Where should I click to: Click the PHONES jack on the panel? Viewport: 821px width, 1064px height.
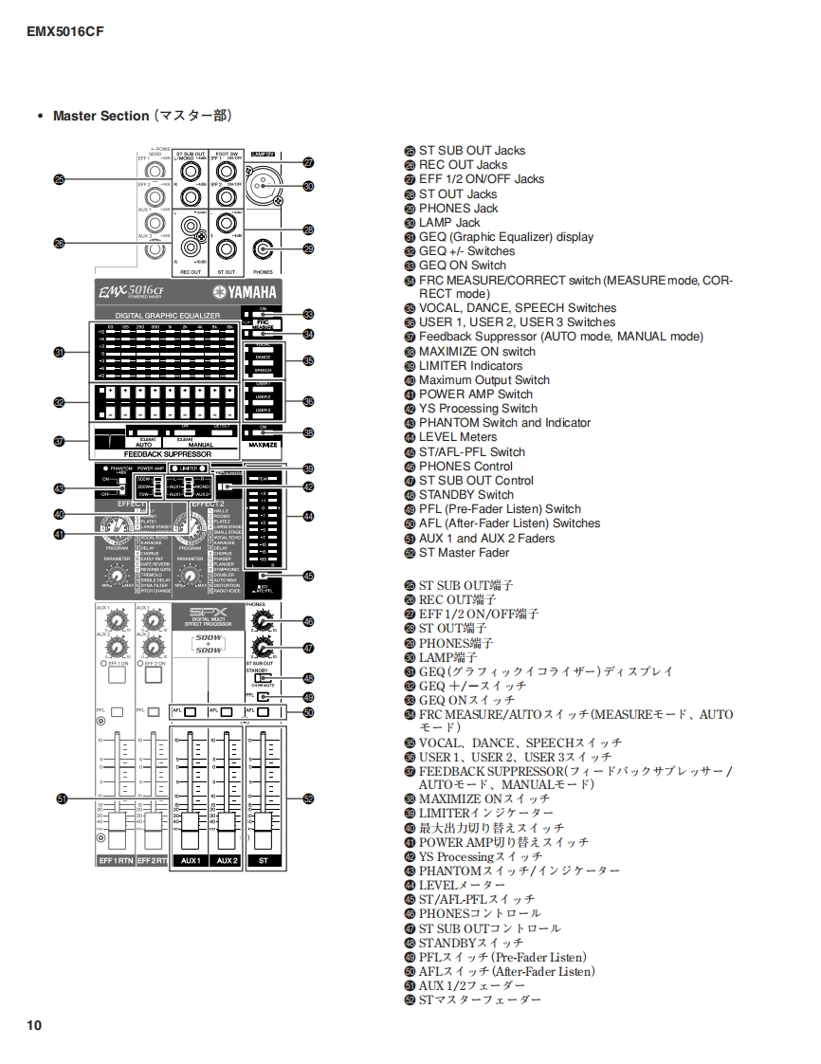[263, 250]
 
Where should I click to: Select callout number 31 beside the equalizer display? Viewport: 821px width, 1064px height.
[59, 352]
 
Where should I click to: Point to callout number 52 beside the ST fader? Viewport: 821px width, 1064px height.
[308, 799]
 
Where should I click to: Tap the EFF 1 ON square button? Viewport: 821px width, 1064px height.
[117, 676]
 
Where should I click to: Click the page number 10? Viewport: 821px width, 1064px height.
[34, 1025]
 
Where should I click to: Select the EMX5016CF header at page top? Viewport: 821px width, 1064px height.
[64, 31]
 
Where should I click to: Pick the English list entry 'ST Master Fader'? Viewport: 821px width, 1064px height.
[464, 553]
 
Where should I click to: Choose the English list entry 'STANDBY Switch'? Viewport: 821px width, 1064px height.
[465, 495]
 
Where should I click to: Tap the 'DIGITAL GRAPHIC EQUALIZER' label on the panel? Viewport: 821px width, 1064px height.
[167, 315]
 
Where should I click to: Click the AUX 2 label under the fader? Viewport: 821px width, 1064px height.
[227, 860]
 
